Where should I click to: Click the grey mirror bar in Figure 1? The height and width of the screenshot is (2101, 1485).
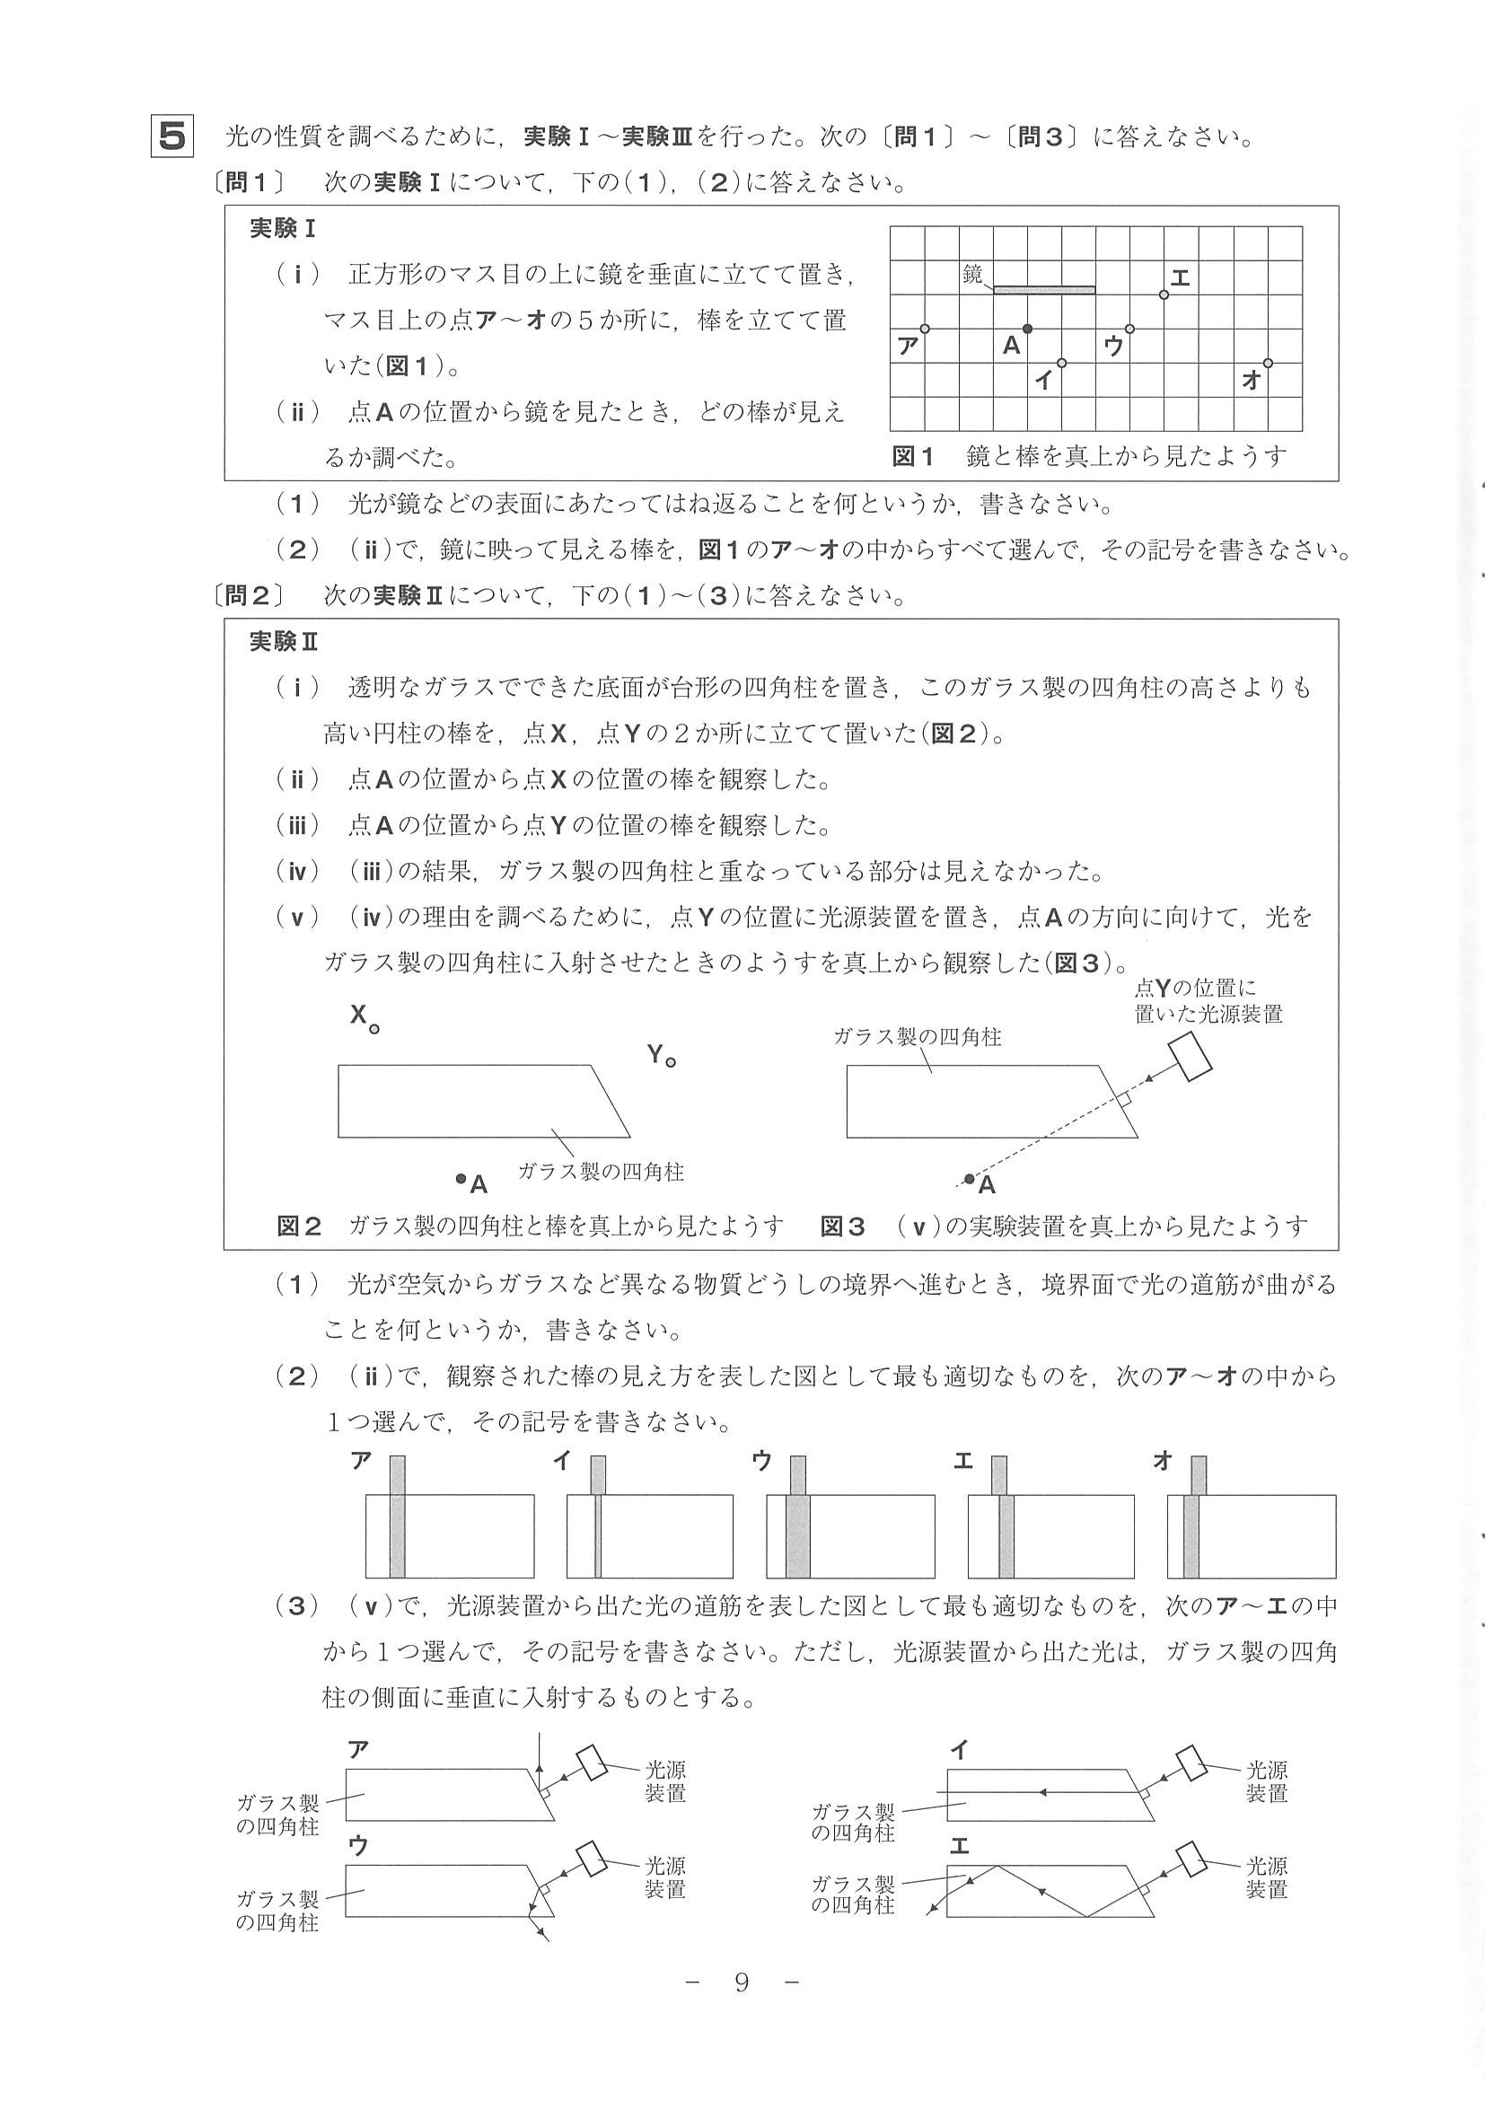pos(1044,289)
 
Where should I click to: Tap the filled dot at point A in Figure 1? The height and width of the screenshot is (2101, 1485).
pos(1027,329)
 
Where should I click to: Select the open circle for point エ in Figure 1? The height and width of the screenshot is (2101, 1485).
pos(1164,294)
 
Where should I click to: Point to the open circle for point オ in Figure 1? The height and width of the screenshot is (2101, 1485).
pos(1267,364)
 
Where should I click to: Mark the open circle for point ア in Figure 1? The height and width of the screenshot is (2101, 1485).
pos(924,329)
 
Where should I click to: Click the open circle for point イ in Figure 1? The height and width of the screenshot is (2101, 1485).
pos(1061,364)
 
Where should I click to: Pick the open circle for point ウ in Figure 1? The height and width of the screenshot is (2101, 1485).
pos(1130,329)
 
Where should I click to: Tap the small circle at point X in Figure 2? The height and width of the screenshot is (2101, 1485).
pos(374,1030)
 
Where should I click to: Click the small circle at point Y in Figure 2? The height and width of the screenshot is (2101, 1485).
pos(671,1062)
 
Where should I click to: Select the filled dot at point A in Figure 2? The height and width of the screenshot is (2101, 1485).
pos(461,1179)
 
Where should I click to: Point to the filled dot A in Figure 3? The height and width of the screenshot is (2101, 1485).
pos(970,1179)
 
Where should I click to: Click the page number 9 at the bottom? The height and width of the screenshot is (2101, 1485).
pos(741,1983)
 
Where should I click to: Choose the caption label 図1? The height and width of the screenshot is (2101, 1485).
pos(912,457)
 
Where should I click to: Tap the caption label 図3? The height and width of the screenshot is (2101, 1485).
pos(842,1226)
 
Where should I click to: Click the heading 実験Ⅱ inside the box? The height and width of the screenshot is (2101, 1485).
pos(284,641)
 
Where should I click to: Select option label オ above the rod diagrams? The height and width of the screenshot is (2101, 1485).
pos(1163,1462)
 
